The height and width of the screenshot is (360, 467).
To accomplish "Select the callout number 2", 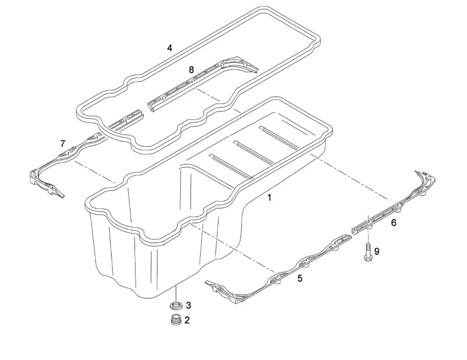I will point(187,320).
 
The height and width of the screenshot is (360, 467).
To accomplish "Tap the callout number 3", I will point(188,305).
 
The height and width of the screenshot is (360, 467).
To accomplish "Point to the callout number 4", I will point(170,47).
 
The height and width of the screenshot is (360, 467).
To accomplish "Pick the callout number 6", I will point(394,223).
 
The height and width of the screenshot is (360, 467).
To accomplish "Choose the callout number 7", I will point(62,144).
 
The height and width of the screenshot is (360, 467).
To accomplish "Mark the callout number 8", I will point(191,69).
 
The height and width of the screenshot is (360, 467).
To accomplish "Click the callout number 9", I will point(377,250).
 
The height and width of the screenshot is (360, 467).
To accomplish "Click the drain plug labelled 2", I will point(175,320).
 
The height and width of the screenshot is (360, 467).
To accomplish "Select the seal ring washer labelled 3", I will point(176,304).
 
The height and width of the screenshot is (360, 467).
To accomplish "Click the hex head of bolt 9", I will point(367,258).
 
